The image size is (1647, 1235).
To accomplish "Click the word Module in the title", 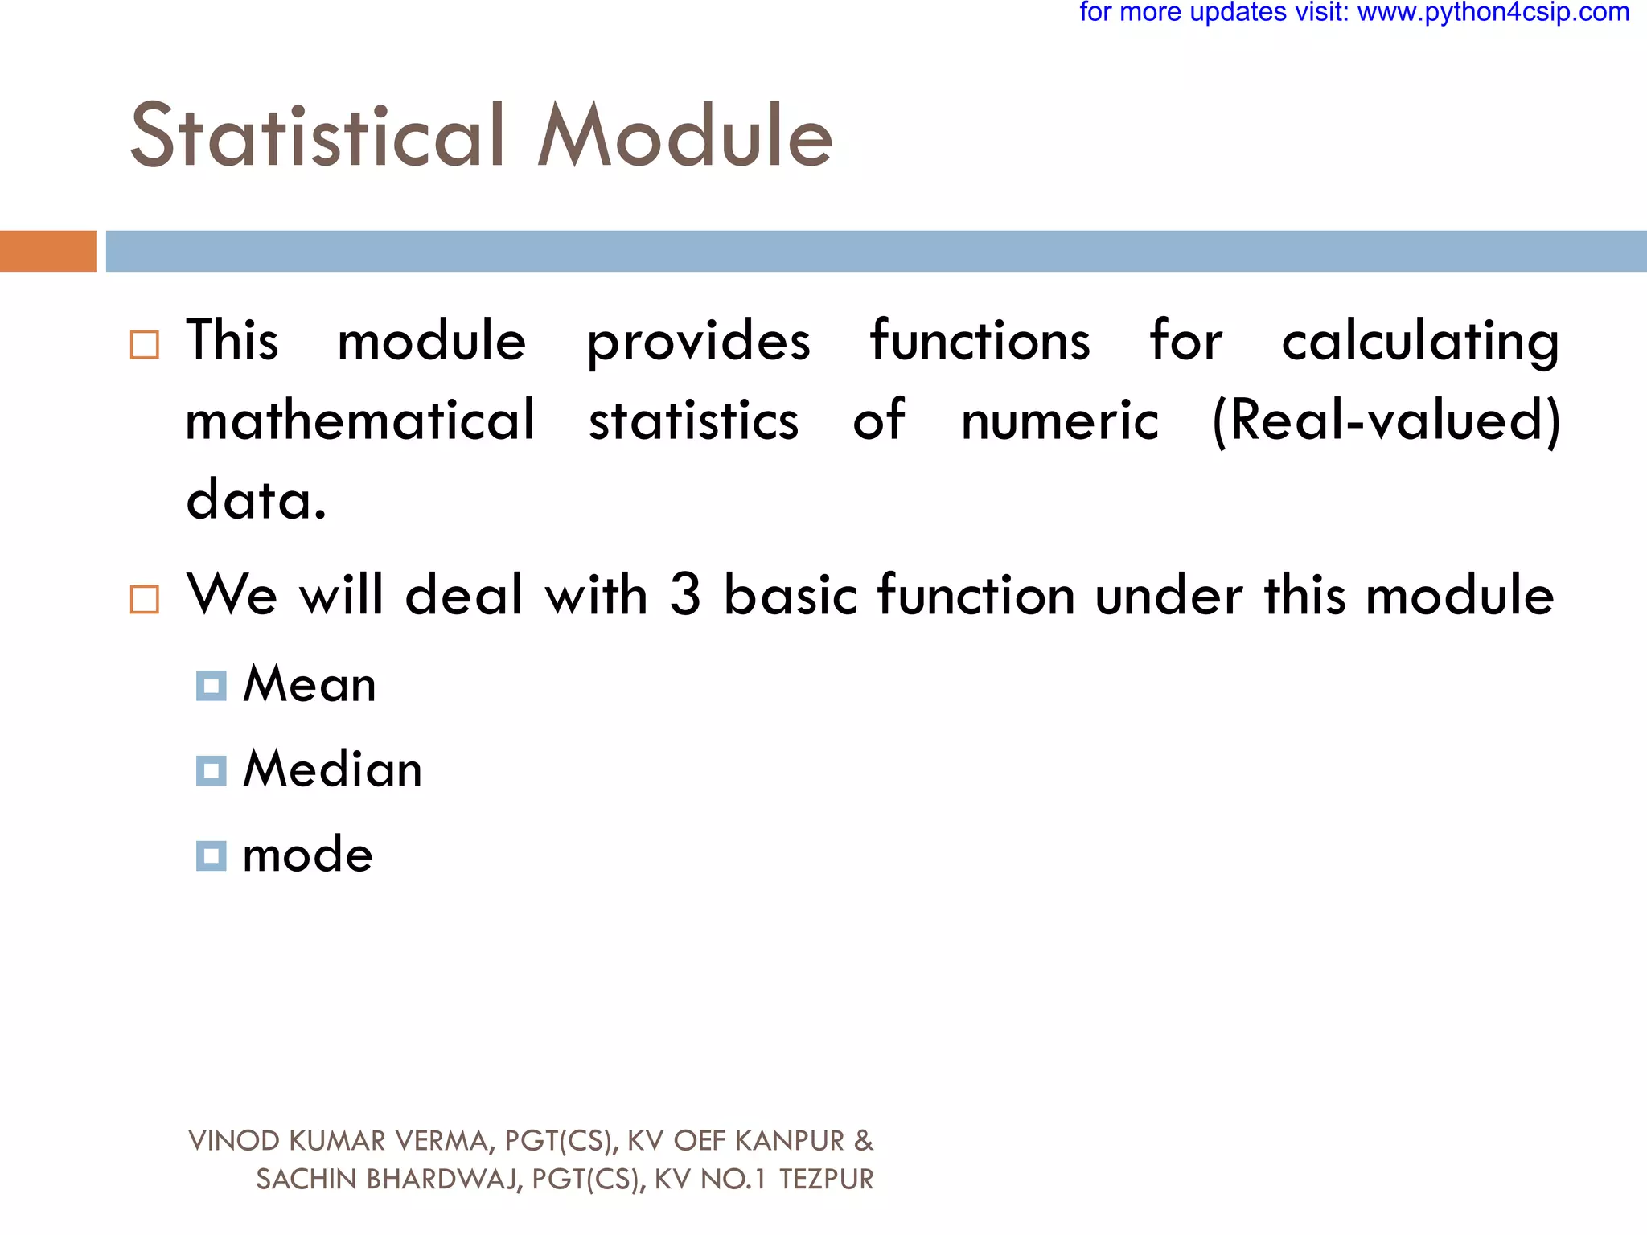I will tap(684, 136).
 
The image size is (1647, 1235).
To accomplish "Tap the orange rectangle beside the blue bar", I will tap(47, 251).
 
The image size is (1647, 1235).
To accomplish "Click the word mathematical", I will tap(359, 421).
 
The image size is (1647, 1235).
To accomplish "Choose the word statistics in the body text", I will tap(693, 421).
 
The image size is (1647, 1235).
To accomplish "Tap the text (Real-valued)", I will tap(1386, 421).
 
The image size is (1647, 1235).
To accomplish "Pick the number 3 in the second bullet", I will tap(685, 595).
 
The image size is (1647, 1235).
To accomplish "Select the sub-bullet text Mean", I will tap(310, 685).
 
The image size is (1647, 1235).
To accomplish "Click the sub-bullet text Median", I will tap(332, 769).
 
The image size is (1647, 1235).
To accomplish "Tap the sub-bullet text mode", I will tap(308, 855).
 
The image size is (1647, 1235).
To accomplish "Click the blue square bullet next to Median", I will tap(211, 770).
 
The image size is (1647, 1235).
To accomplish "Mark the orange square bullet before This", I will tap(145, 345).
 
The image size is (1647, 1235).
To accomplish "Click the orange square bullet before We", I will tap(145, 599).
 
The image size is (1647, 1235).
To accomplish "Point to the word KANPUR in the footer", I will tap(789, 1141).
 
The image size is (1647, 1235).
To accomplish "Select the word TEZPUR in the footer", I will tap(826, 1180).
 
